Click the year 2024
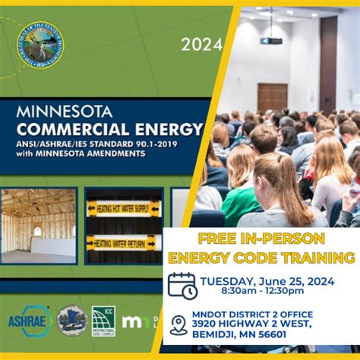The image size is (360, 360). (x=197, y=45)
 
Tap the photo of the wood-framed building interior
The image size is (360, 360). (x=38, y=226)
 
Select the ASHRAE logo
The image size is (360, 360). (x=29, y=319)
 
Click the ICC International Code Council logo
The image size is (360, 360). (x=103, y=320)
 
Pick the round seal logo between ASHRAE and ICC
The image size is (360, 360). (x=71, y=319)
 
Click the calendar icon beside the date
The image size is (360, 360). (x=182, y=286)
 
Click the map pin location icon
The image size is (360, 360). (x=178, y=324)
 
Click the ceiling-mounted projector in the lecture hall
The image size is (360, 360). (x=272, y=39)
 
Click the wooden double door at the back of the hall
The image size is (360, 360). (x=272, y=98)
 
